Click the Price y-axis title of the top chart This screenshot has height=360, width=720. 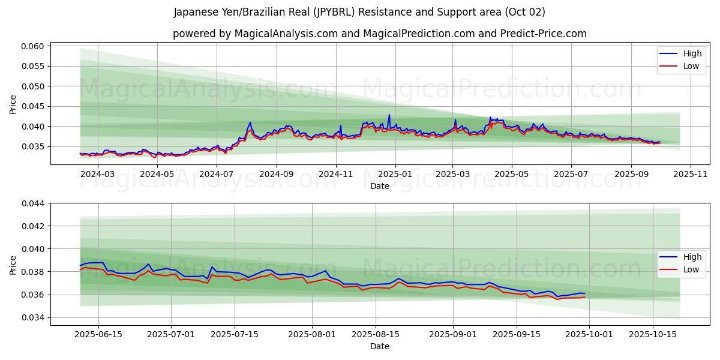coord(13,104)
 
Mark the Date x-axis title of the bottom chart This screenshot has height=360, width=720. coord(379,346)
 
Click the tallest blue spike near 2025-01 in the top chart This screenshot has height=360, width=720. coord(389,115)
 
